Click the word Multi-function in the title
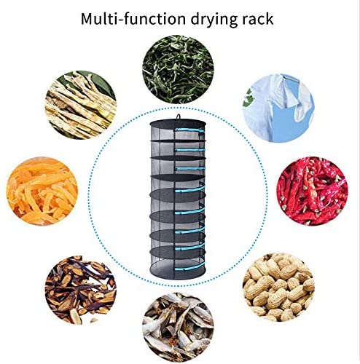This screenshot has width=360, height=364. pyautogui.click(x=134, y=19)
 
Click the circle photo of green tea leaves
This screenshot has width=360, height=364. pyautogui.click(x=178, y=69)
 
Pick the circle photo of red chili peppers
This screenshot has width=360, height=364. pyautogui.click(x=313, y=191)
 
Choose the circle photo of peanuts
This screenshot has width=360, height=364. pyautogui.click(x=278, y=287)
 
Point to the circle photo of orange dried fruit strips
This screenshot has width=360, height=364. pyautogui.click(x=42, y=191)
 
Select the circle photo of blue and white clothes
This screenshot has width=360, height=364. pyautogui.click(x=278, y=108)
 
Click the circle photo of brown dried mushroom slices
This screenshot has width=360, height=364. pyautogui.click(x=81, y=290)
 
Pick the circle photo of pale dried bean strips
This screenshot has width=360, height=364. pyautogui.click(x=81, y=105)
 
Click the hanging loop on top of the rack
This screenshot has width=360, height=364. pyautogui.click(x=179, y=116)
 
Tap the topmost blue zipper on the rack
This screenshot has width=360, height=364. pyautogui.click(x=190, y=130)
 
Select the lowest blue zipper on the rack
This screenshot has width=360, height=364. pyautogui.click(x=190, y=267)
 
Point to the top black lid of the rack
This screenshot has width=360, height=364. pyautogui.click(x=178, y=123)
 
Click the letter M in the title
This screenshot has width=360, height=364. pyautogui.click(x=87, y=19)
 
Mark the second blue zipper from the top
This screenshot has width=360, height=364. pyautogui.click(x=190, y=150)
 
